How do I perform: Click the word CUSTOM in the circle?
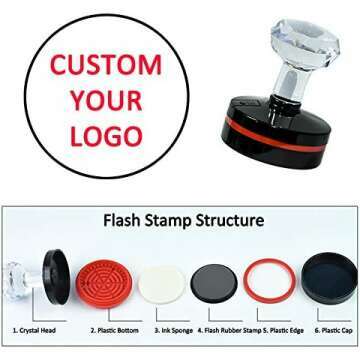click(105, 67)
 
